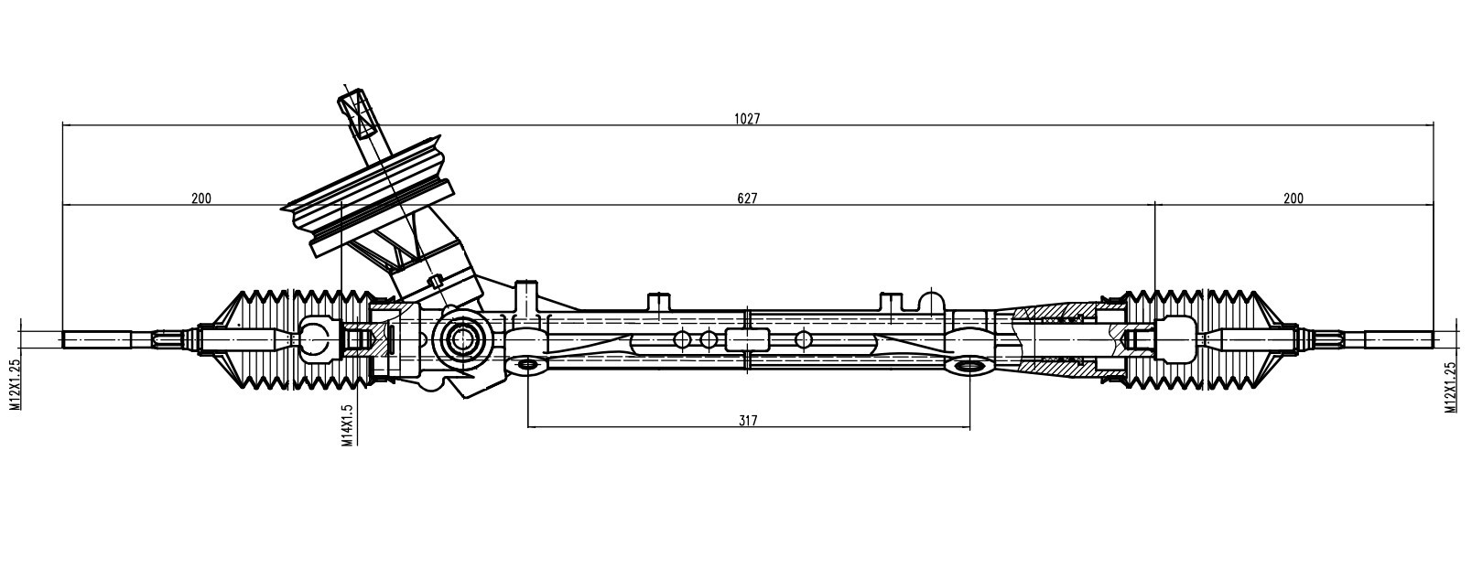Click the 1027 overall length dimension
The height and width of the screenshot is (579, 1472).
(746, 119)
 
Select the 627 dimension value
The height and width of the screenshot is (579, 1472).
(746, 198)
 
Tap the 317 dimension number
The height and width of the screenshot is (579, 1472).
(748, 421)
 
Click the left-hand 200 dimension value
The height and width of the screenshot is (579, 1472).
(201, 198)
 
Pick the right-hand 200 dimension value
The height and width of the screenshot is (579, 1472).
(1293, 198)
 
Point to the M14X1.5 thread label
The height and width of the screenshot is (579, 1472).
(348, 424)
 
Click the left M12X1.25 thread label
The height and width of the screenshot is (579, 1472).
(16, 385)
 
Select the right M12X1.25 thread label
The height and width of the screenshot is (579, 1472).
(1450, 387)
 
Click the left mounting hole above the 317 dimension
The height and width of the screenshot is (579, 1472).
(527, 364)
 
